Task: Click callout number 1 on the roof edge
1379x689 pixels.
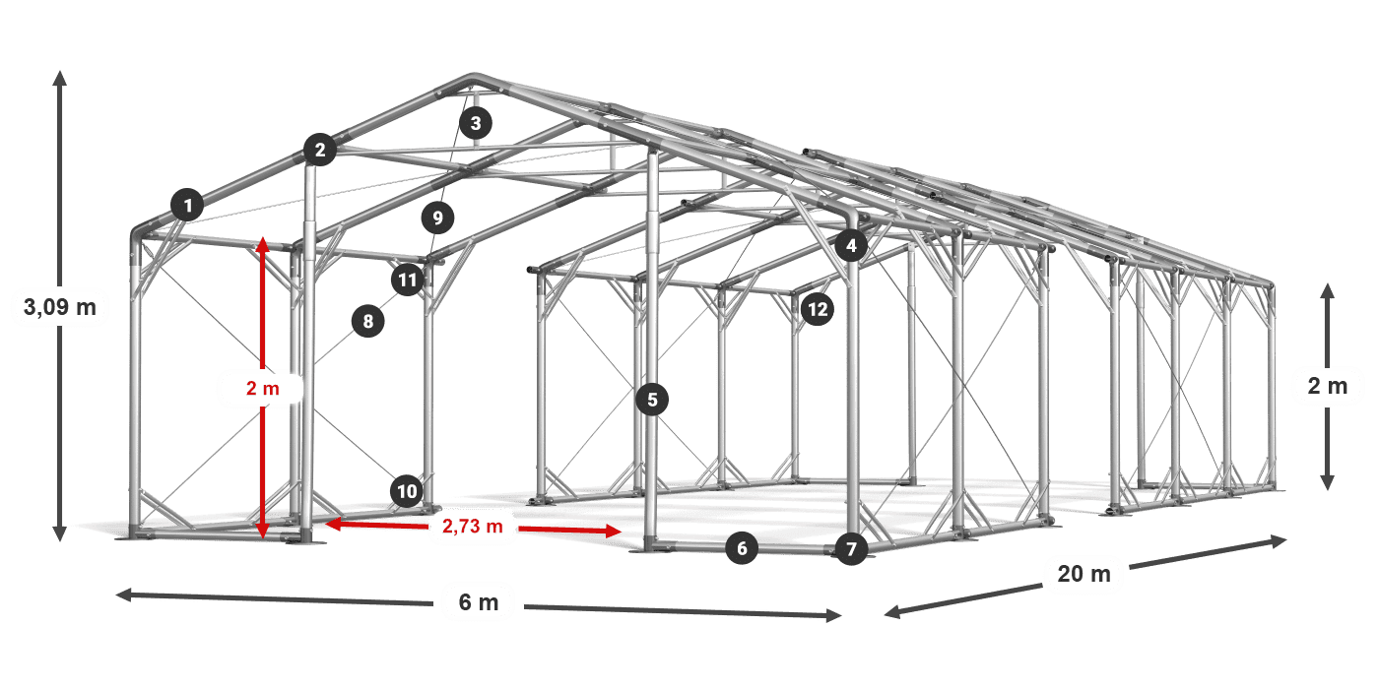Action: [x=188, y=205]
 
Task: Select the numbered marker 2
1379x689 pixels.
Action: [x=320, y=150]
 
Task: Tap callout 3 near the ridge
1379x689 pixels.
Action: [x=476, y=123]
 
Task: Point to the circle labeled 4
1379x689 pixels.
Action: [x=851, y=245]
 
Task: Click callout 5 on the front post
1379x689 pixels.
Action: [x=652, y=400]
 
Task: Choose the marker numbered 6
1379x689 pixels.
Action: [x=742, y=548]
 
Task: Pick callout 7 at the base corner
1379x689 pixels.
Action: [x=851, y=549]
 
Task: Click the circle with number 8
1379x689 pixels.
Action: [x=368, y=321]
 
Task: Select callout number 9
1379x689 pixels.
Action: [x=437, y=218]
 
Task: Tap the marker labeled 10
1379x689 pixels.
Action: [x=407, y=491]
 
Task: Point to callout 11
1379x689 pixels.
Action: [x=408, y=280]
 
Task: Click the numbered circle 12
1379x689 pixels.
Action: [x=818, y=309]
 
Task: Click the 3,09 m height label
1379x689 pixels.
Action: [x=60, y=307]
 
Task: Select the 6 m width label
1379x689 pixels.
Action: [x=479, y=602]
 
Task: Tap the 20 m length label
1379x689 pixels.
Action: [x=1084, y=574]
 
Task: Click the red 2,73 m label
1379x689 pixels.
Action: [x=472, y=526]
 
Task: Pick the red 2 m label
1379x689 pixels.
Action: [x=263, y=388]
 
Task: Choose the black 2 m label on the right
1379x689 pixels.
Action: [x=1328, y=386]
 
